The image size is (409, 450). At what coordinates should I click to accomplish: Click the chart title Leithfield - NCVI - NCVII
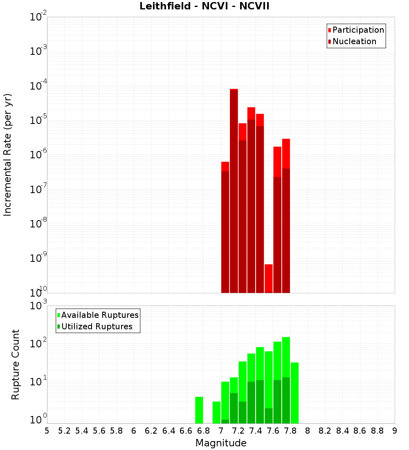pyautogui.click(x=204, y=6)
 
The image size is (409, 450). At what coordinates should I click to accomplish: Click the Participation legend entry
pyautogui.click(x=358, y=30)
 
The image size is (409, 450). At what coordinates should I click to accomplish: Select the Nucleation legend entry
pyautogui.click(x=354, y=41)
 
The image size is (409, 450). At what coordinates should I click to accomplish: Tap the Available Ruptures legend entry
pyautogui.click(x=100, y=315)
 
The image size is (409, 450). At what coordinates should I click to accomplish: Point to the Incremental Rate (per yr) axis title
pyautogui.click(x=8, y=155)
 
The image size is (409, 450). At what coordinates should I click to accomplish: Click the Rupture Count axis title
pyautogui.click(x=16, y=364)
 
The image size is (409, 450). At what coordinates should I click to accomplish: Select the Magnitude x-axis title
pyautogui.click(x=221, y=443)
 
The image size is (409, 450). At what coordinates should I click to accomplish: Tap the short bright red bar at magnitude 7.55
pyautogui.click(x=269, y=278)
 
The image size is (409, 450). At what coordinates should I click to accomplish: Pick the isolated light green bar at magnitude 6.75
pyautogui.click(x=199, y=410)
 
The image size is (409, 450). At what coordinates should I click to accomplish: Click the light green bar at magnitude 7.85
pyautogui.click(x=295, y=393)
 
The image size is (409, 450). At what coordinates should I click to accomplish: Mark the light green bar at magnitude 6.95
pyautogui.click(x=216, y=412)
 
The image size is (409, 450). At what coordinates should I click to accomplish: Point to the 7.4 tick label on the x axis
pyautogui.click(x=256, y=430)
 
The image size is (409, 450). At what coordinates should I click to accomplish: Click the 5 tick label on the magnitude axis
pyautogui.click(x=47, y=430)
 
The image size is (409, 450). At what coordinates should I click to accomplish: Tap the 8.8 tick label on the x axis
pyautogui.click(x=378, y=430)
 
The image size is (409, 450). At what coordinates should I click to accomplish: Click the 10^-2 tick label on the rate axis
pyautogui.click(x=38, y=17)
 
